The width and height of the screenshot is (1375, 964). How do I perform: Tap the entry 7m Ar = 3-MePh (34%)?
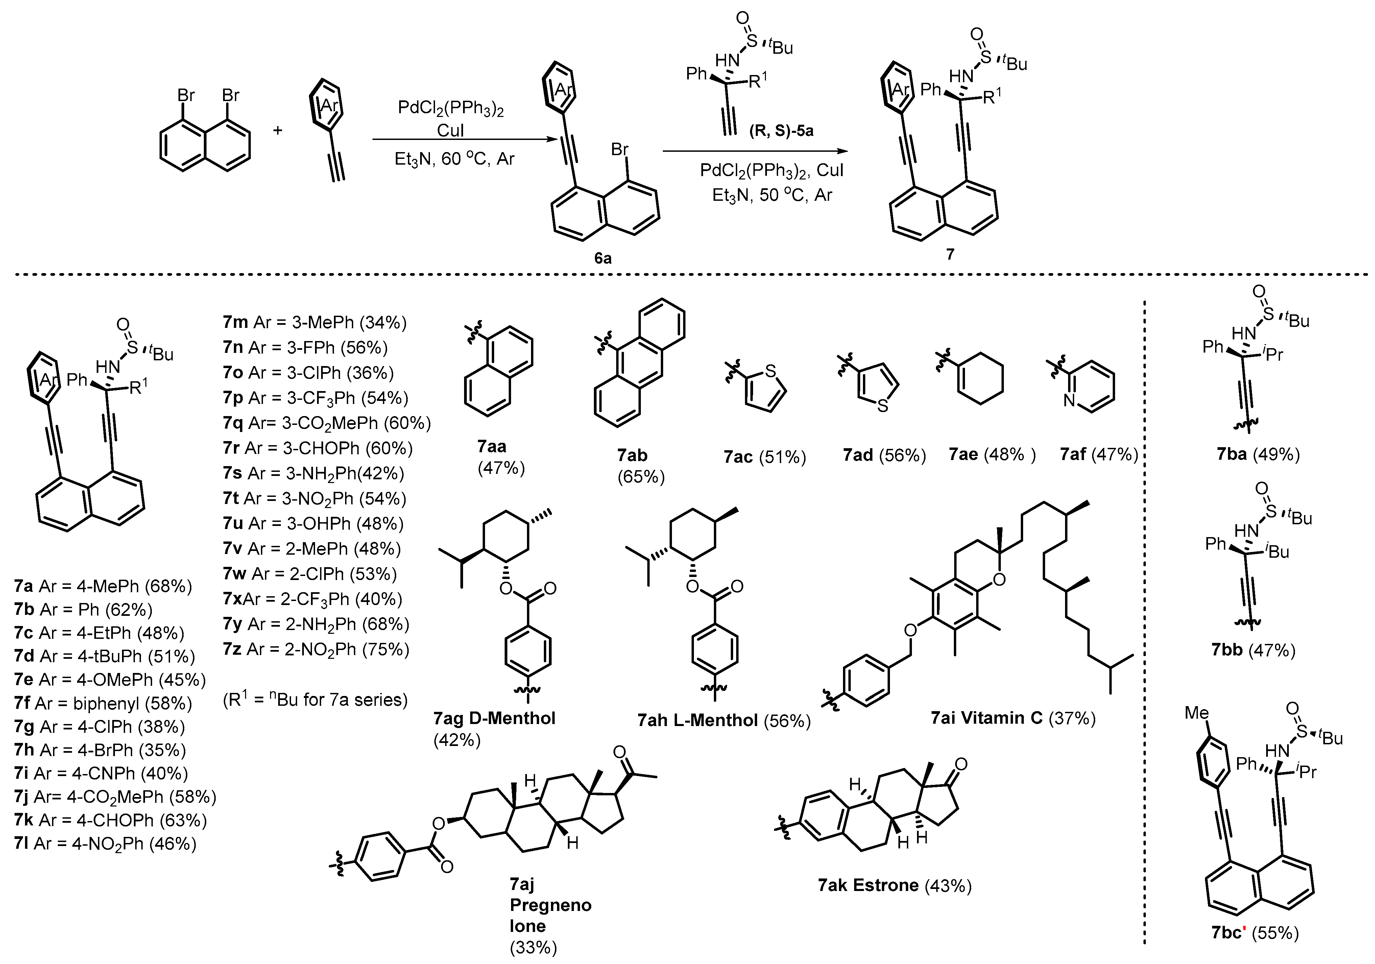click(314, 323)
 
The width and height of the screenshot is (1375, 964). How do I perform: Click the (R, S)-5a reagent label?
click(781, 131)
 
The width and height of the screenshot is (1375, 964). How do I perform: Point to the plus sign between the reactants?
click(278, 129)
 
